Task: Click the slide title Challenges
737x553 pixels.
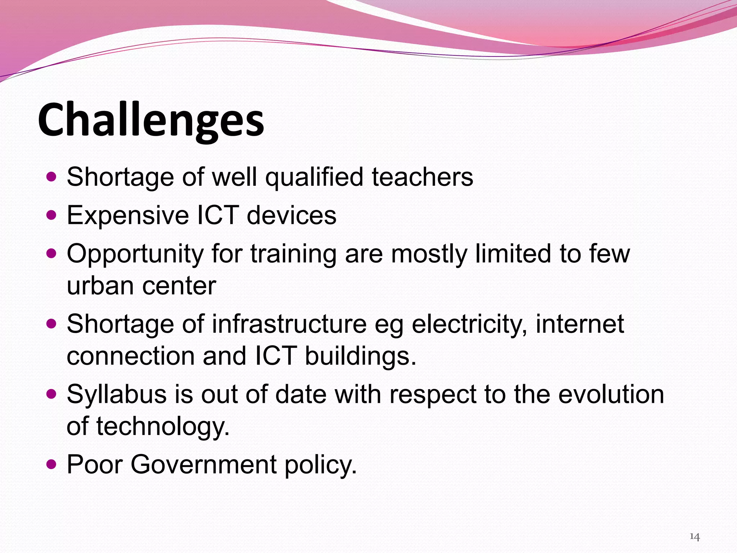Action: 151,120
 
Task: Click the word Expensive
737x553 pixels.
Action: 128,215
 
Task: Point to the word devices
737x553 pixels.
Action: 291,215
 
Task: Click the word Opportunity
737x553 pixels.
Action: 135,254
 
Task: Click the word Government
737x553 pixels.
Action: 203,465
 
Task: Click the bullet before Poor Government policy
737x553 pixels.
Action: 52,464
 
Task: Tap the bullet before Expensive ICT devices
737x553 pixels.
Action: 52,215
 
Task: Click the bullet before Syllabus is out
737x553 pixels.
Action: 52,394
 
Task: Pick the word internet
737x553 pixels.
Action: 580,324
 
